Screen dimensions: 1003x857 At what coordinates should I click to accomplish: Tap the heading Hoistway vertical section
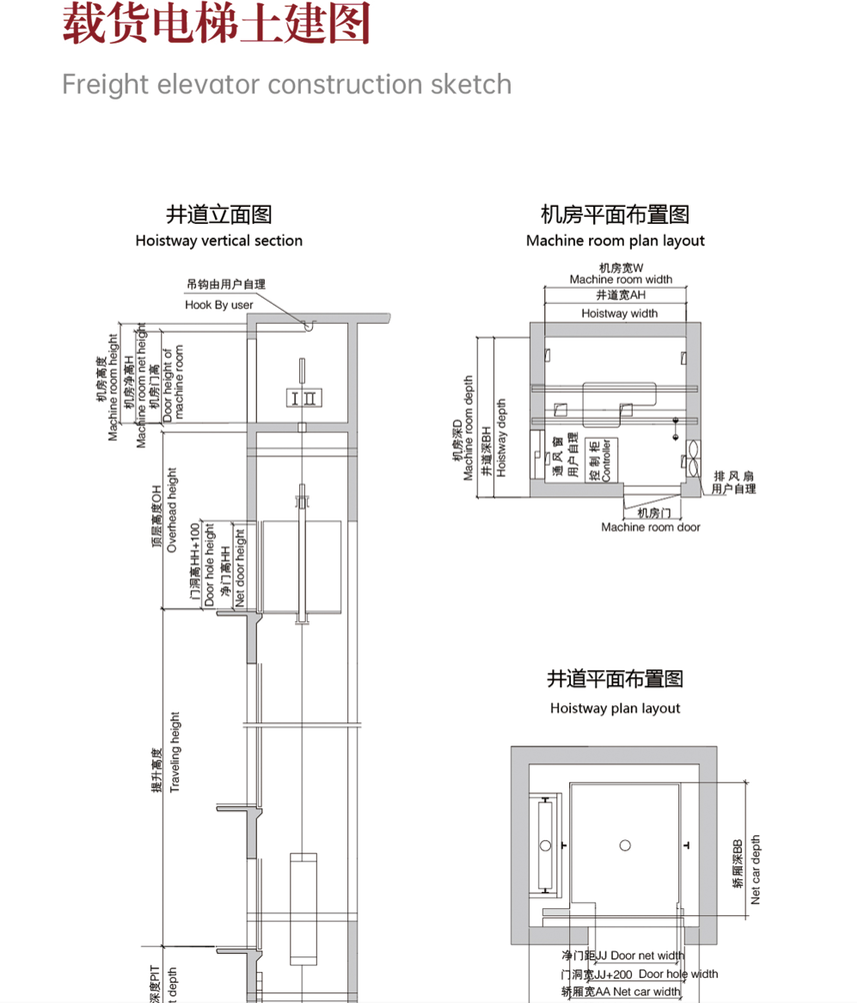219,241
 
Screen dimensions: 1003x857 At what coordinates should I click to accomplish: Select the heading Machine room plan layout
615,241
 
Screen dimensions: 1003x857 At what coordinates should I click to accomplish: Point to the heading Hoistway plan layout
615,708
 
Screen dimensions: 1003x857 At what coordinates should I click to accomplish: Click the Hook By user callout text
219,305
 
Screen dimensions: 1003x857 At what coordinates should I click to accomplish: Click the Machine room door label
651,527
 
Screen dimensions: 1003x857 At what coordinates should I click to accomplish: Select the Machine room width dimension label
621,280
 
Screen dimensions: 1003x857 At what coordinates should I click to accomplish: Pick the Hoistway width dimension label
620,314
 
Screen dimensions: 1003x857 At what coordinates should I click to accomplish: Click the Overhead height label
172,510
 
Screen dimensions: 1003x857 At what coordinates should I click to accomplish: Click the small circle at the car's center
625,845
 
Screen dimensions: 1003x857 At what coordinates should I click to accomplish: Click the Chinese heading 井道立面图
219,214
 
